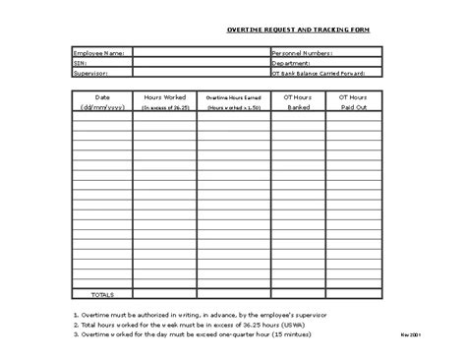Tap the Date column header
[x=102, y=101]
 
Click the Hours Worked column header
[x=166, y=101]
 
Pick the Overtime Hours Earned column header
[x=232, y=101]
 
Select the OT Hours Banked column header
[x=298, y=101]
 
